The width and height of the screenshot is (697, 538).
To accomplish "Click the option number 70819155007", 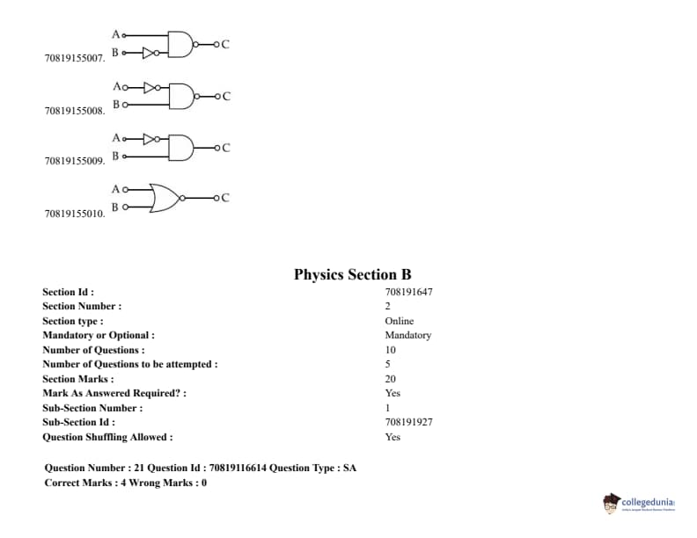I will (74, 59).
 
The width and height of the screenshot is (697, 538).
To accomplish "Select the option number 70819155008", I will (74, 111).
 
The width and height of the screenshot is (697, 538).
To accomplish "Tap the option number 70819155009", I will (74, 161).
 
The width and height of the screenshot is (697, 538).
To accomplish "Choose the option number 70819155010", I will (74, 214).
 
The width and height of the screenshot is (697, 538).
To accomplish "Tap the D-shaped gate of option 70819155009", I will (180, 147).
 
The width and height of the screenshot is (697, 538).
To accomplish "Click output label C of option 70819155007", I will (226, 45).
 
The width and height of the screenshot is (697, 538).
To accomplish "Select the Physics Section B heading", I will (352, 274).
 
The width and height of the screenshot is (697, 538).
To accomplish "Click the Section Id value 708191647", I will (408, 292).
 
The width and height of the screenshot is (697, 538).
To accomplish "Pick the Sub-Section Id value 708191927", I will (408, 422).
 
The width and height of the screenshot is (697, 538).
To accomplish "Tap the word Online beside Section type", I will (399, 321).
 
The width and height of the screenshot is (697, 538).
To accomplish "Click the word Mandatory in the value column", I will (407, 335).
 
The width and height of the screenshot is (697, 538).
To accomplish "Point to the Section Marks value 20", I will (390, 379).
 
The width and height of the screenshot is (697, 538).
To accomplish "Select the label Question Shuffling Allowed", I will (106, 437).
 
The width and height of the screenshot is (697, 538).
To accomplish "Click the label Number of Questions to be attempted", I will (129, 364).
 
